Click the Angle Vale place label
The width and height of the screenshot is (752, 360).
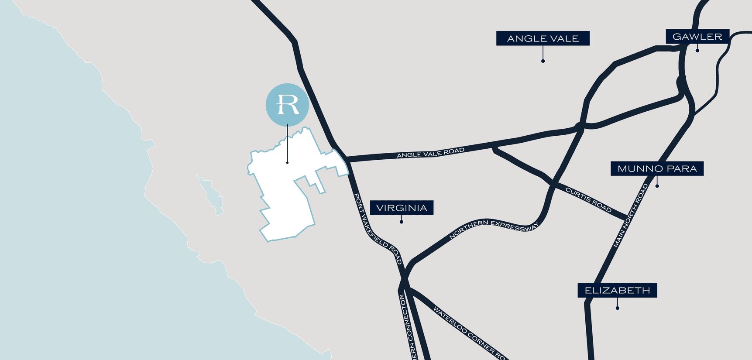(x=543, y=38)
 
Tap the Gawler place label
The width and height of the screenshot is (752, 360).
(x=697, y=37)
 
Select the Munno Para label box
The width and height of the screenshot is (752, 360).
(x=657, y=168)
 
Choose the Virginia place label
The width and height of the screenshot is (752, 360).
(x=402, y=208)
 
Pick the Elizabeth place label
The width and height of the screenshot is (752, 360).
(x=617, y=290)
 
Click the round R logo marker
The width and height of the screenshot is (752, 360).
(x=287, y=105)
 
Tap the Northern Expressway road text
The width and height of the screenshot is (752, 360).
(x=494, y=227)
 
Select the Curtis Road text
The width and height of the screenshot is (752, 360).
(x=588, y=199)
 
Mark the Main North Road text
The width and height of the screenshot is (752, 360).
(x=631, y=216)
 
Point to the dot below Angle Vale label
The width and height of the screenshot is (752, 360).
(x=543, y=61)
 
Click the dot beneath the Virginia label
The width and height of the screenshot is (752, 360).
(x=402, y=222)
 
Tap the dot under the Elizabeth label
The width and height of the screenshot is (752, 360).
(x=617, y=308)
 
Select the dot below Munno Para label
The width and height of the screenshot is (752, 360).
(x=657, y=186)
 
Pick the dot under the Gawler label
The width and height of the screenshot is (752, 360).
(x=697, y=51)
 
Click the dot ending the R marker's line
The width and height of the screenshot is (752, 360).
(x=287, y=163)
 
